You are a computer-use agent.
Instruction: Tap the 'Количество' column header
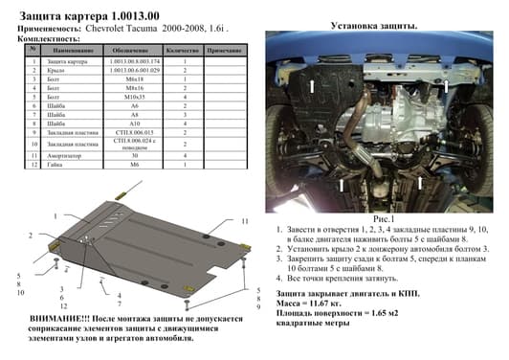coord(181,50)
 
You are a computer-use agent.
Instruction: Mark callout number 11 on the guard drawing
coord(245,208)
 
